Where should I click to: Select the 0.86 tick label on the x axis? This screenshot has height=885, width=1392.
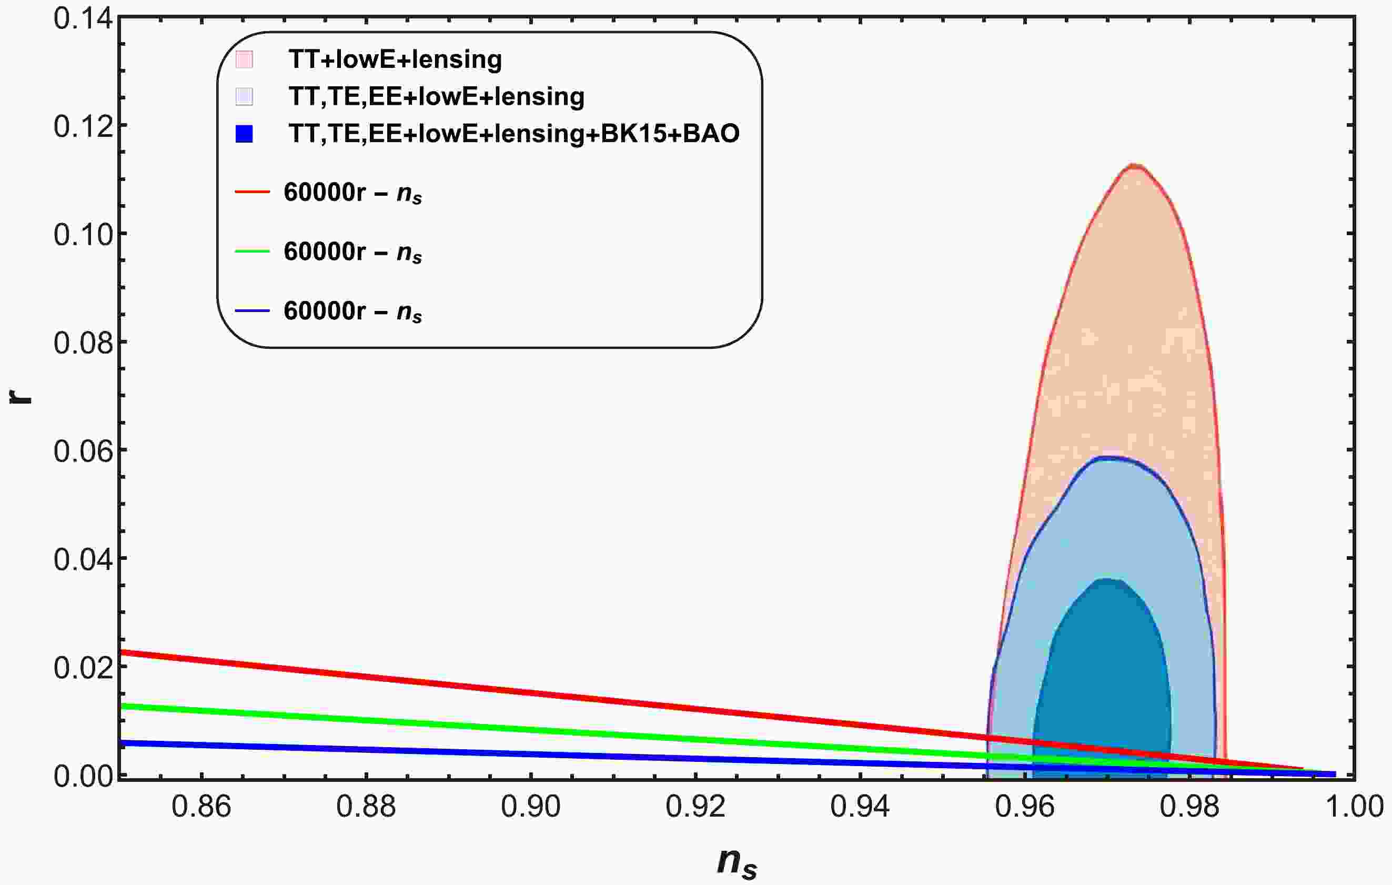[201, 807]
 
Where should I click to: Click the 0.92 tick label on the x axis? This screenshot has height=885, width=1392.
[695, 807]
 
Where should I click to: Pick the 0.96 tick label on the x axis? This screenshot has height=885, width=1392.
[1025, 807]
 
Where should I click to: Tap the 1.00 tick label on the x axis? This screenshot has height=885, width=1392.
[1354, 807]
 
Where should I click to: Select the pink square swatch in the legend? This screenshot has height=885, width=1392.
[245, 59]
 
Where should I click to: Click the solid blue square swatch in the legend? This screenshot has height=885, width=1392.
[245, 134]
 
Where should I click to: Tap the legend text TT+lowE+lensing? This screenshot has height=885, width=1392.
[396, 59]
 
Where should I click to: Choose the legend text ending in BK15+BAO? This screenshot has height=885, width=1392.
[514, 134]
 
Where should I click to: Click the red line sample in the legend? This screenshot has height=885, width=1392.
[253, 192]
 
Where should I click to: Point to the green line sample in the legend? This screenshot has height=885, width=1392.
[253, 252]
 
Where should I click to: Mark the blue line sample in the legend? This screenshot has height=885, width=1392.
[253, 311]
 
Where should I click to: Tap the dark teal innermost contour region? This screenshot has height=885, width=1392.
[1101, 682]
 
